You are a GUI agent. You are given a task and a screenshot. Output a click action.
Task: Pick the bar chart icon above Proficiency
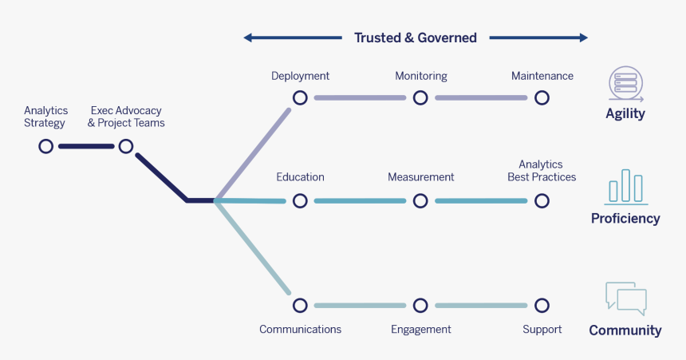[626, 187]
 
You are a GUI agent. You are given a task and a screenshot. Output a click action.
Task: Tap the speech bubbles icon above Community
[626, 299]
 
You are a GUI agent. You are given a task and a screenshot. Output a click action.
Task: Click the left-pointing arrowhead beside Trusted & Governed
[247, 38]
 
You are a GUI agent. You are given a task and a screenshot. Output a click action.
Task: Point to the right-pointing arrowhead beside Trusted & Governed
[584, 38]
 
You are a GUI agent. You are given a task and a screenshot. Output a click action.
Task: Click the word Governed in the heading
[447, 38]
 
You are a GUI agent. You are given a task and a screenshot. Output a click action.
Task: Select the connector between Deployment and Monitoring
[360, 97]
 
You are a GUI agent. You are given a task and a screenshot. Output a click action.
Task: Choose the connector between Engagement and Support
[481, 305]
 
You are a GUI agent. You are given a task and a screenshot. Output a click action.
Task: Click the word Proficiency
[625, 218]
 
